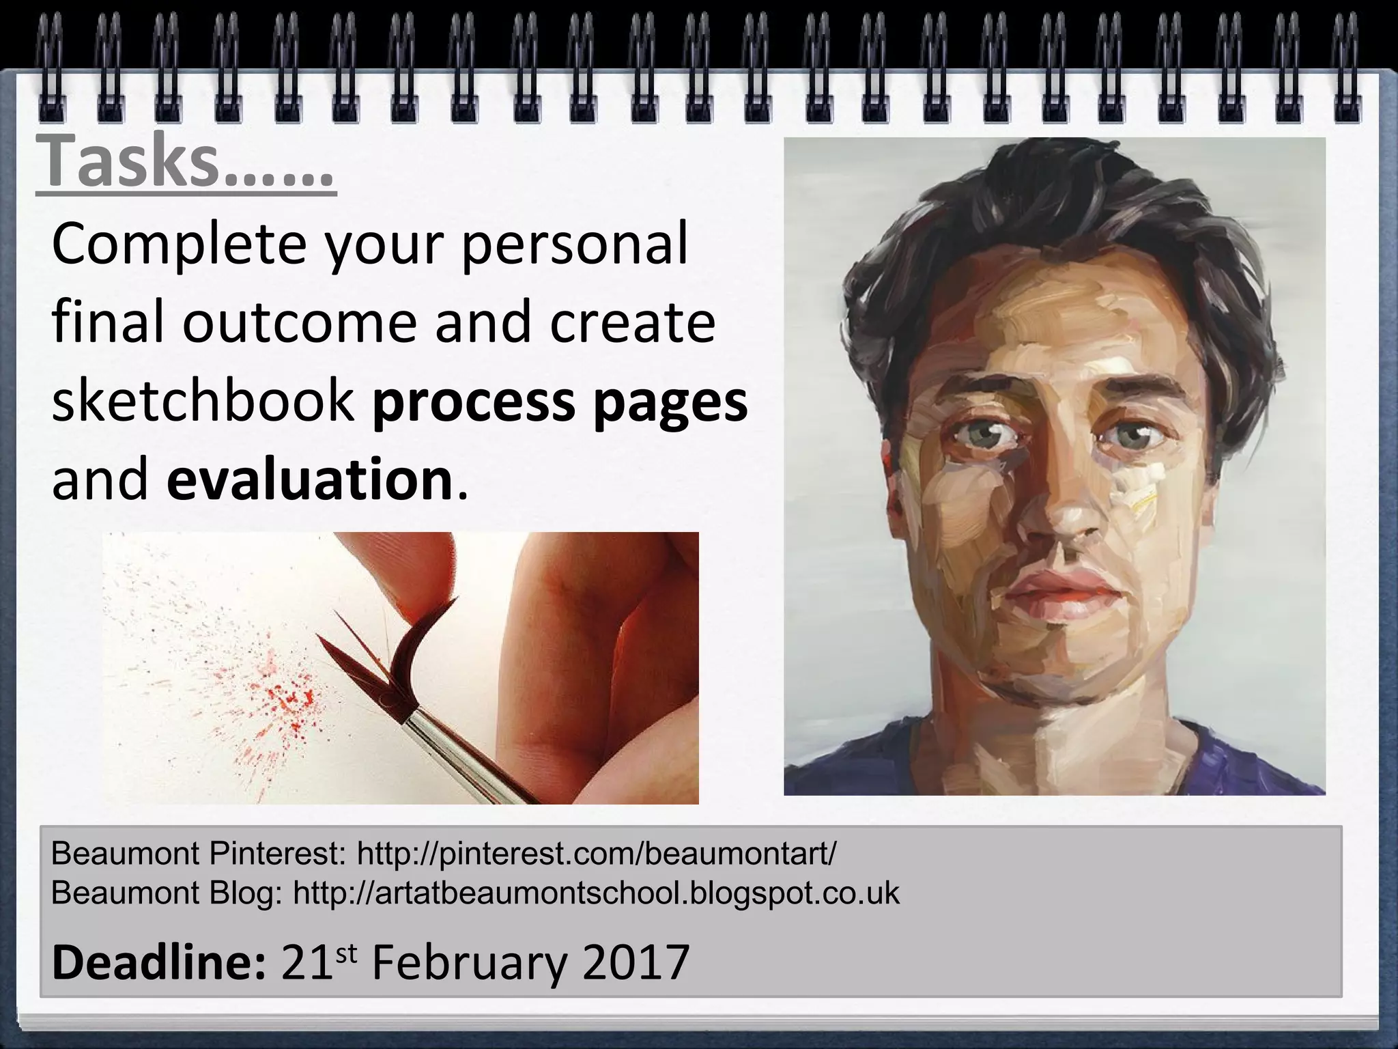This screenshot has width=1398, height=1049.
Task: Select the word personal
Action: click(574, 245)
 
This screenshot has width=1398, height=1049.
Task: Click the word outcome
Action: click(298, 323)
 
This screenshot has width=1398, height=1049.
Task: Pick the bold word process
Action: click(473, 403)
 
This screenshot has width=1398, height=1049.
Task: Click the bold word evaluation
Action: click(309, 480)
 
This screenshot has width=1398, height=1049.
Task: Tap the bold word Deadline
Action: click(158, 962)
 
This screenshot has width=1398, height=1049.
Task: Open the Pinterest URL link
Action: click(596, 853)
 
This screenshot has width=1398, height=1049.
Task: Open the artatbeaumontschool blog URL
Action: click(596, 893)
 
